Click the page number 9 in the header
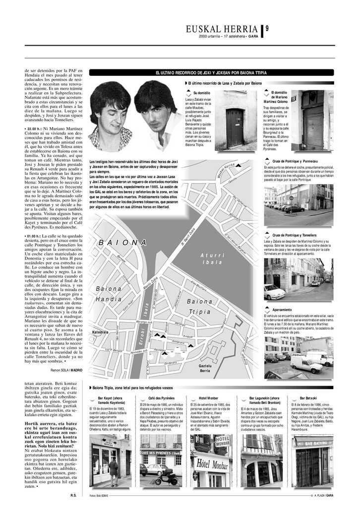(267, 29)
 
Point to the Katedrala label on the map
(101, 332)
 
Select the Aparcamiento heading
(282, 310)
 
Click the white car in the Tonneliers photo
(274, 292)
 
